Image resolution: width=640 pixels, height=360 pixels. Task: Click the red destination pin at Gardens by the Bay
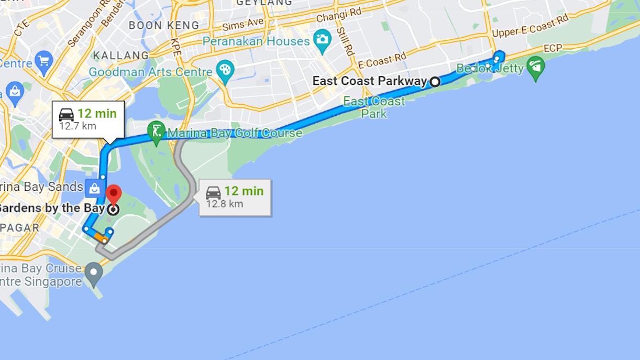(113, 194)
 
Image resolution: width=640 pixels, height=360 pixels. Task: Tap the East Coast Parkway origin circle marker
(435, 81)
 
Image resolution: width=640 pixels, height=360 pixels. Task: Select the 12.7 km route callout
(88, 119)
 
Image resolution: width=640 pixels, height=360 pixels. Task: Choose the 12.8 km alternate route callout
(235, 197)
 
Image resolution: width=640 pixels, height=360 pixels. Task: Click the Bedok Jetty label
(490, 68)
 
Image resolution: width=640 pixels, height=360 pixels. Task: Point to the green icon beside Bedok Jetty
(535, 67)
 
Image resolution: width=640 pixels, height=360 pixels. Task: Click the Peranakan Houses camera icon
(322, 39)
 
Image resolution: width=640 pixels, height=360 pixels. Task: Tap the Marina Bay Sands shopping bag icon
(94, 187)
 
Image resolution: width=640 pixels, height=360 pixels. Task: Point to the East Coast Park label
(374, 107)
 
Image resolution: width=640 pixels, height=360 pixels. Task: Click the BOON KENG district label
(164, 25)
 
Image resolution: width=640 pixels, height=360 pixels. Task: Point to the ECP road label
(553, 49)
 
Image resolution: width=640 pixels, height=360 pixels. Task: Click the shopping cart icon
(43, 59)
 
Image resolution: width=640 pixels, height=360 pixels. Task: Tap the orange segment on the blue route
(101, 237)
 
